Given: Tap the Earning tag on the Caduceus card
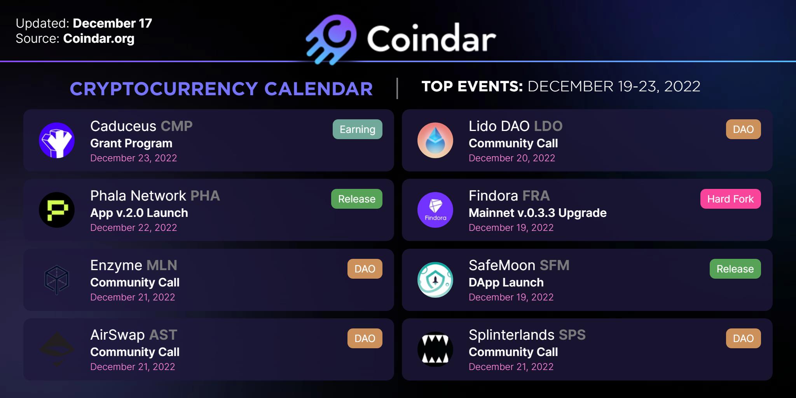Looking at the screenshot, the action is pyautogui.click(x=358, y=129).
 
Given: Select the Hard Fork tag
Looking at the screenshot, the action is pyautogui.click(x=731, y=199).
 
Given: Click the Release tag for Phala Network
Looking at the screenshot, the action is pyautogui.click(x=357, y=199).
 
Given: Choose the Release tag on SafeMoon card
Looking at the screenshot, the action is pyautogui.click(x=735, y=269).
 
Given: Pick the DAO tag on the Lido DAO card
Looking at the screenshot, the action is pyautogui.click(x=744, y=129).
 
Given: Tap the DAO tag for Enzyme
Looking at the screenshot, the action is pyautogui.click(x=365, y=269).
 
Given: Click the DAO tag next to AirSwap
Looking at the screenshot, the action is pyautogui.click(x=365, y=339).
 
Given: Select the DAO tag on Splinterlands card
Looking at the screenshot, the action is pyautogui.click(x=744, y=339).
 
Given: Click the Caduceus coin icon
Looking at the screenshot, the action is pyautogui.click(x=57, y=140).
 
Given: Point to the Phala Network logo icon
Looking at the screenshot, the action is pyautogui.click(x=57, y=210).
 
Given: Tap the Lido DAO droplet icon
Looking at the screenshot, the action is pyautogui.click(x=435, y=140).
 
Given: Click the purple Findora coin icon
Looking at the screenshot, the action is pyautogui.click(x=435, y=210).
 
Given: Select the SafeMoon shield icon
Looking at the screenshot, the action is pyautogui.click(x=435, y=280).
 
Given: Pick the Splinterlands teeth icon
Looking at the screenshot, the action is pyautogui.click(x=435, y=349).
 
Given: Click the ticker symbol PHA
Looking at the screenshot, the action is pyautogui.click(x=205, y=196).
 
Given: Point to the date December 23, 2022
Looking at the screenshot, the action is pyautogui.click(x=134, y=158).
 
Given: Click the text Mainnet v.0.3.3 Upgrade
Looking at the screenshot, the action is pyautogui.click(x=538, y=213).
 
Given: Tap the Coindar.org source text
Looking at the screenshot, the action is pyautogui.click(x=99, y=38).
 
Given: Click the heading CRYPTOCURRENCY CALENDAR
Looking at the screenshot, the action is pyautogui.click(x=221, y=89).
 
